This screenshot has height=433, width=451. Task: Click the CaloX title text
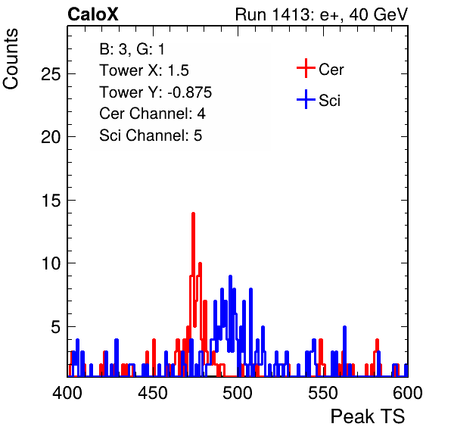93,14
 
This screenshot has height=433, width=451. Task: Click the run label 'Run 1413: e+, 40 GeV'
322,14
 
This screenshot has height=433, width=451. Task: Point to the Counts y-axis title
11,59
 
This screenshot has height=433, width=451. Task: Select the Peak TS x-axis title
368,416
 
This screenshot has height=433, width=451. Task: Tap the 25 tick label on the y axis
51,74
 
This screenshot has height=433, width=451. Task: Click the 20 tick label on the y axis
51,137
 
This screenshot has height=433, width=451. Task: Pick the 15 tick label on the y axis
51,201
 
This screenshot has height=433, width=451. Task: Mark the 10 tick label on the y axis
51,263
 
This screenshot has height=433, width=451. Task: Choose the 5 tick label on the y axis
56,327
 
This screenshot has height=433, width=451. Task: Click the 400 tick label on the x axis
67,393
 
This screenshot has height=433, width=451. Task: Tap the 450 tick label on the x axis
152,393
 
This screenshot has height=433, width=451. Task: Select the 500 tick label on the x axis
238,393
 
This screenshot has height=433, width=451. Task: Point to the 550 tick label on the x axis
322,393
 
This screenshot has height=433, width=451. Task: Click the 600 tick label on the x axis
408,393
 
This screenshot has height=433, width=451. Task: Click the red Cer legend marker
306,68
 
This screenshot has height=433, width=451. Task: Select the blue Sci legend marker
306,99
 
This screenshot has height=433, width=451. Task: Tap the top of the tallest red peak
193,213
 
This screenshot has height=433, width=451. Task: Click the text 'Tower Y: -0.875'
156,92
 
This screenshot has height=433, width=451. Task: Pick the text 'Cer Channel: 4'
152,114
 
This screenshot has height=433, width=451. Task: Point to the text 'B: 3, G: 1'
132,49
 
